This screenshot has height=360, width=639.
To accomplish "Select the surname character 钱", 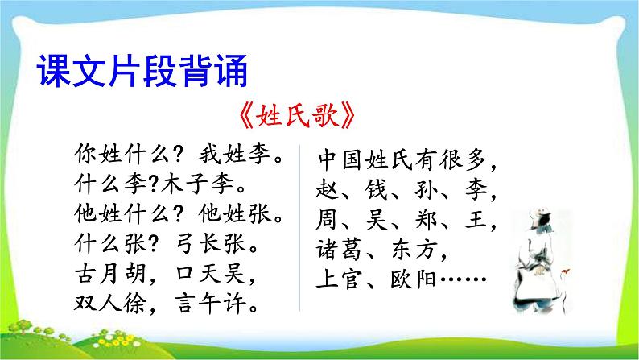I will [372, 190].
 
